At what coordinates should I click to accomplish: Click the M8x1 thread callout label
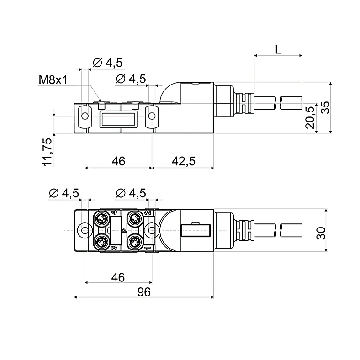coord(53,79)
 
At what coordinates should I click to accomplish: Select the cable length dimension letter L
coord(278,49)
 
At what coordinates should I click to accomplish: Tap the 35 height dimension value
coord(325,107)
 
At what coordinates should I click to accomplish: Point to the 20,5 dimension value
coord(310,117)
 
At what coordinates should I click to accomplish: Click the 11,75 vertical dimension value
coord(48,152)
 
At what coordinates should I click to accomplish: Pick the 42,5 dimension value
coord(184,161)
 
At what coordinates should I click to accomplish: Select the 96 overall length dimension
coord(144,292)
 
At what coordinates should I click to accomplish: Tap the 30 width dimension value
coord(321,233)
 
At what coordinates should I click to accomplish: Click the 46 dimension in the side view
coord(118,161)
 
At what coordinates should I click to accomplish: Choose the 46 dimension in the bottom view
coord(118,277)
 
